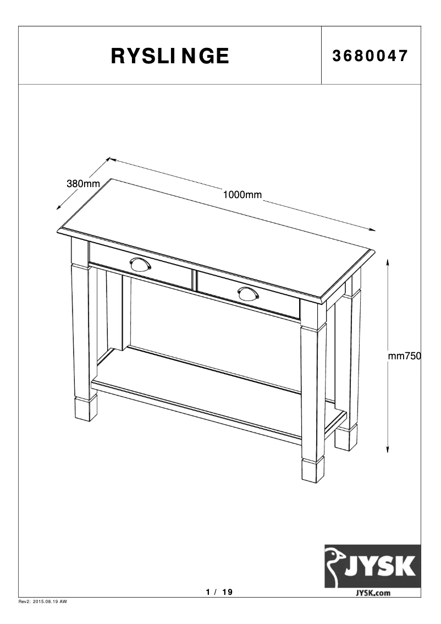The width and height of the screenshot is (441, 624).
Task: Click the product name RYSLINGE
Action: [170, 56]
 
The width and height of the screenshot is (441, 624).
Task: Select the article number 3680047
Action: [370, 56]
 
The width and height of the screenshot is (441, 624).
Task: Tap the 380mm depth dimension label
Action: [83, 184]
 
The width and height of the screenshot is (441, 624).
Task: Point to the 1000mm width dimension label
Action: [242, 194]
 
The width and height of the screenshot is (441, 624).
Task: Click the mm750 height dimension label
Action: [405, 357]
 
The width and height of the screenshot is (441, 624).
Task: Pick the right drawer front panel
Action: [248, 295]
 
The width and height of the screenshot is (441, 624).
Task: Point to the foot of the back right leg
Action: [345, 439]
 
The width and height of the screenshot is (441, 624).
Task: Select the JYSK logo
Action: [372, 566]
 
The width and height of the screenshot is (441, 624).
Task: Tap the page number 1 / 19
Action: [219, 592]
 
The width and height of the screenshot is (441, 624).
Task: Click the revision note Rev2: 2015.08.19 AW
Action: [43, 602]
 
